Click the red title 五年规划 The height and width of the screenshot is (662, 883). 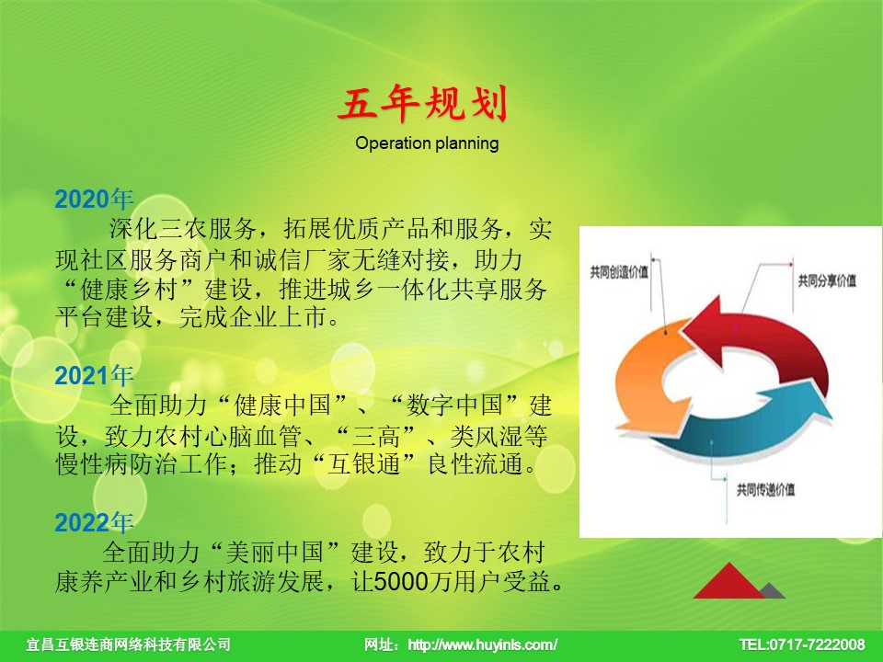click(423, 104)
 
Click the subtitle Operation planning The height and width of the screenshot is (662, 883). click(427, 143)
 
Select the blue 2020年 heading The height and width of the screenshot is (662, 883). click(94, 199)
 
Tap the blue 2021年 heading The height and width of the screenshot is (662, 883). click(94, 375)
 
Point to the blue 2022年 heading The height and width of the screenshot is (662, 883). click(94, 522)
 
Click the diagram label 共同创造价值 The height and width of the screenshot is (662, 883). click(619, 273)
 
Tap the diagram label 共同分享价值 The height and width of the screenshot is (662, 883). click(827, 280)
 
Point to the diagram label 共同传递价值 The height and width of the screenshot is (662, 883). click(766, 490)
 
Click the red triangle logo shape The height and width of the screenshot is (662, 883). click(729, 580)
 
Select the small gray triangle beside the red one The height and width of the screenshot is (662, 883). click(773, 591)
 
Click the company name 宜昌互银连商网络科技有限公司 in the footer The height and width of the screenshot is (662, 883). click(129, 645)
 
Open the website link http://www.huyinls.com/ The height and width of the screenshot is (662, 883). click(483, 645)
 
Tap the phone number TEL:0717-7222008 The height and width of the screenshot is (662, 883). click(802, 645)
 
